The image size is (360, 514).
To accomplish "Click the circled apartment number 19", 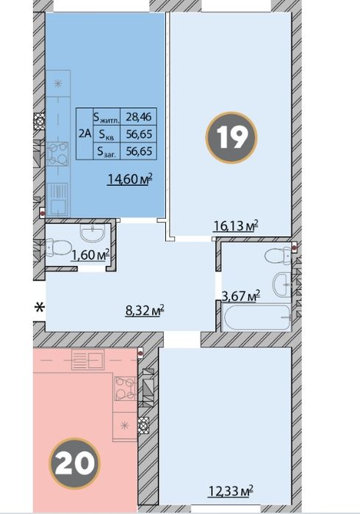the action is point(231,138).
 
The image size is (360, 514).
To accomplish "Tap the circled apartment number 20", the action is point(74,463).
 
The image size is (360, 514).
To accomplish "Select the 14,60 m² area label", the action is point(131,179).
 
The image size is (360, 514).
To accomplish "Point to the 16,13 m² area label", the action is point(236,225).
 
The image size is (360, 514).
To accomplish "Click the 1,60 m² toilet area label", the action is point(90,255).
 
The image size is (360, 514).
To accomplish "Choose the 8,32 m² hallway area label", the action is point(145,310).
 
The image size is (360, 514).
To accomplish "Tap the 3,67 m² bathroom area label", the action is point(241,296).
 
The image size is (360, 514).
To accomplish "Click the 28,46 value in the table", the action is point(139,116).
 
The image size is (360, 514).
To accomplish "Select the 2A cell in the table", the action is point(85,134).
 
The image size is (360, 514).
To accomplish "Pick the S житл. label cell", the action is point(107,116).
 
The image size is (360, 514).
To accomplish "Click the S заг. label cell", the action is point(107,151).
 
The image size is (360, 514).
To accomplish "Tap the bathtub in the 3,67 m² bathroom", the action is point(256,317).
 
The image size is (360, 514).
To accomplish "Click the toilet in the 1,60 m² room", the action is point(59,247).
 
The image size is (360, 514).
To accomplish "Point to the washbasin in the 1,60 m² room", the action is point(93,233).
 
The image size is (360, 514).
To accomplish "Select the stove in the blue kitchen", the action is point(57,153).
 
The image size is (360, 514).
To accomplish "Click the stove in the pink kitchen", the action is point(125,388).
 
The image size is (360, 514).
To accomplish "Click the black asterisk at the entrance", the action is point(40,308).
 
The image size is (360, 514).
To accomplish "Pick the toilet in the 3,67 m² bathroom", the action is point(278,256).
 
